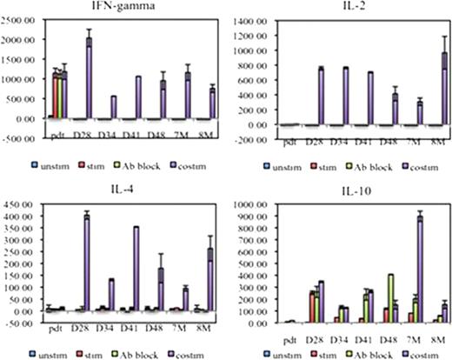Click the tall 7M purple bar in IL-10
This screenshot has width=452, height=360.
[419, 270]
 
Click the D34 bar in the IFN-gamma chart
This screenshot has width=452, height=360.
[113, 107]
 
